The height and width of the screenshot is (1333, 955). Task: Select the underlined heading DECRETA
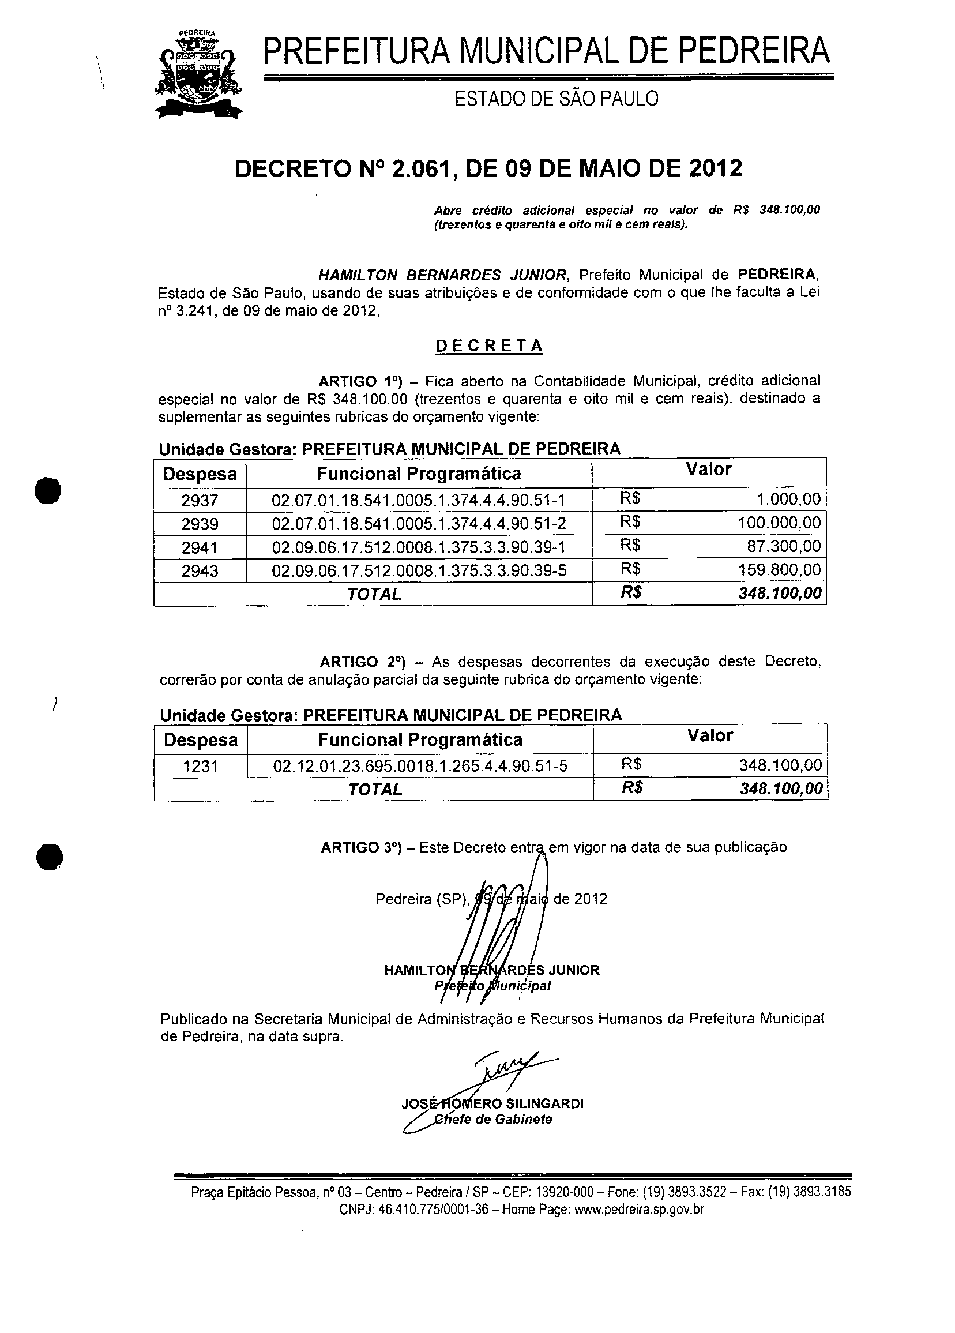(488, 346)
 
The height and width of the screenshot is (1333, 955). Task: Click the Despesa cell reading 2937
(200, 500)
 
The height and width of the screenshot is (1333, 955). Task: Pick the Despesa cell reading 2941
(200, 548)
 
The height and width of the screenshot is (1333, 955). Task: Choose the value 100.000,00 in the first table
(779, 523)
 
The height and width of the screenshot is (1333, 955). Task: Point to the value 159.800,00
(779, 569)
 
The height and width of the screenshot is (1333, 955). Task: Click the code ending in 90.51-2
(419, 524)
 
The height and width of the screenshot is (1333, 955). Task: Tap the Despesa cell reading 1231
(201, 767)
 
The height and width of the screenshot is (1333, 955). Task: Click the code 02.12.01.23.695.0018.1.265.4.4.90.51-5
(420, 766)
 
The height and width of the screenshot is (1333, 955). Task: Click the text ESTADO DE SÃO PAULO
(557, 99)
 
